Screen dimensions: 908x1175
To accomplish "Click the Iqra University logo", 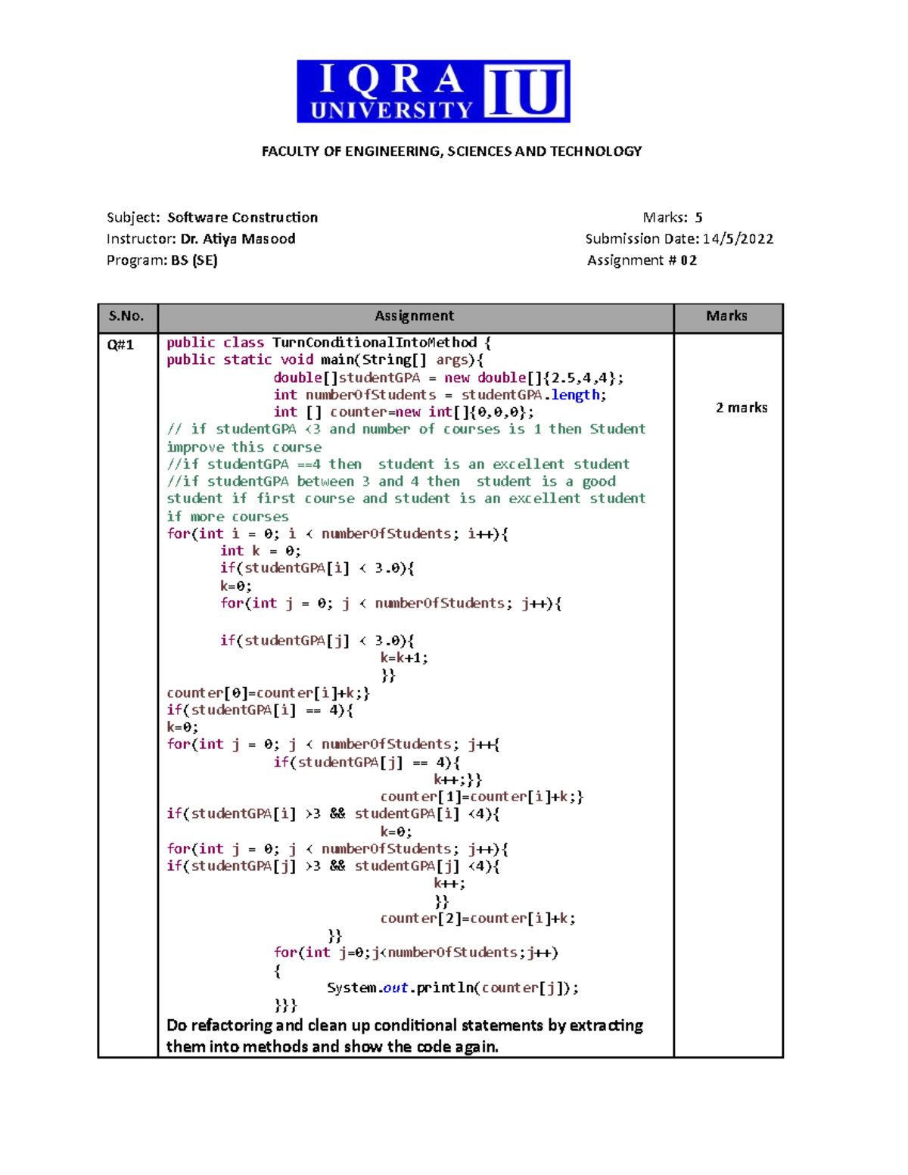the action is click(433, 92).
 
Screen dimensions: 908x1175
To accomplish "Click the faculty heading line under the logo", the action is click(452, 151).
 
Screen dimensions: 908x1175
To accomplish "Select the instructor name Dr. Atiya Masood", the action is click(238, 239).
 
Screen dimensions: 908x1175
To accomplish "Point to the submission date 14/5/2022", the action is click(738, 239).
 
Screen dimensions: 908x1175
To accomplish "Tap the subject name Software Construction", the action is click(242, 218).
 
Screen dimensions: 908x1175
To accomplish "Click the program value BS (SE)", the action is click(194, 260).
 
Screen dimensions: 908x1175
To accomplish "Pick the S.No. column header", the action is click(126, 316).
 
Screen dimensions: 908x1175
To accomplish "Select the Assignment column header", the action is click(415, 316).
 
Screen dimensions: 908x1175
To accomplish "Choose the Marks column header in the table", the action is click(726, 316).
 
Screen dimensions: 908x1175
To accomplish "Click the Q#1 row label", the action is click(120, 345).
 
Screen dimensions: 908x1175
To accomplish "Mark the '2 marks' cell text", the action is click(742, 408).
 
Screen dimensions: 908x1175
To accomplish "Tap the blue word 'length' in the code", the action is click(575, 395).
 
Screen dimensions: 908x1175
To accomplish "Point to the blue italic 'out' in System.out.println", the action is click(396, 988).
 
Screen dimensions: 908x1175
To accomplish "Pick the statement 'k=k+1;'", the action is click(404, 658).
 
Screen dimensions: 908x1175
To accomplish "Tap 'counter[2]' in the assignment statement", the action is click(420, 919).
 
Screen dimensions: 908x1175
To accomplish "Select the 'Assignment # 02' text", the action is click(642, 260).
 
